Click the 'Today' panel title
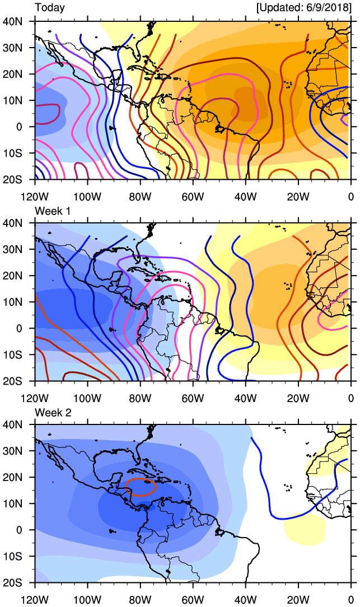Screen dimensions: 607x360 coord(50,8)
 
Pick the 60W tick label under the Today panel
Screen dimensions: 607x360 coord(192,196)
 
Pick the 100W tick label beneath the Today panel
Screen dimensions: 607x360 coord(87,196)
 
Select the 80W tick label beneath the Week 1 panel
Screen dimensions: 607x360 coord(139,398)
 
